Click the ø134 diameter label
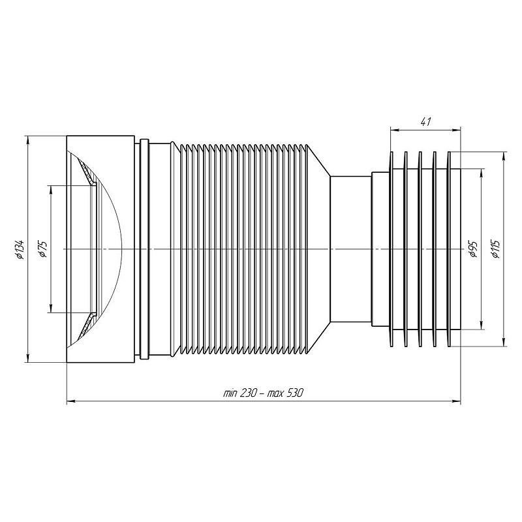tap(20, 249)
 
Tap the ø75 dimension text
tap(43, 249)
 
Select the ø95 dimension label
tap(474, 249)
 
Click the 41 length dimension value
tap(426, 122)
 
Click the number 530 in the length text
tap(294, 393)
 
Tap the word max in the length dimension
tap(274, 394)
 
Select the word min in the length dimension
tap(230, 393)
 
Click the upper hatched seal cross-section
tap(88, 172)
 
